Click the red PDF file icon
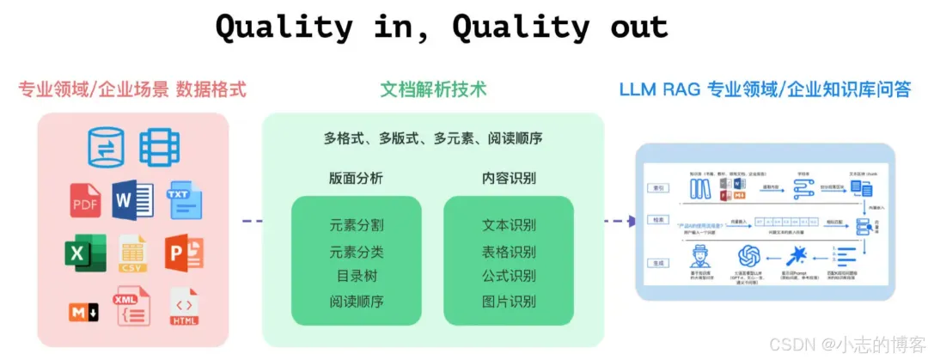pos(86,199)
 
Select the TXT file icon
pos(183,199)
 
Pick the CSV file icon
pos(133,253)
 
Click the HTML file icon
pos(184,308)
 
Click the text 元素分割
pos(357,225)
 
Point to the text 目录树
pos(357,277)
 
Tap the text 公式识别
pos(509,277)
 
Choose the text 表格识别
pos(509,252)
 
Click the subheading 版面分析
pos(356,179)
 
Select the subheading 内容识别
pos(509,179)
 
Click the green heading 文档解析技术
pos(433,88)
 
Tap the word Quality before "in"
pos(284,27)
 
